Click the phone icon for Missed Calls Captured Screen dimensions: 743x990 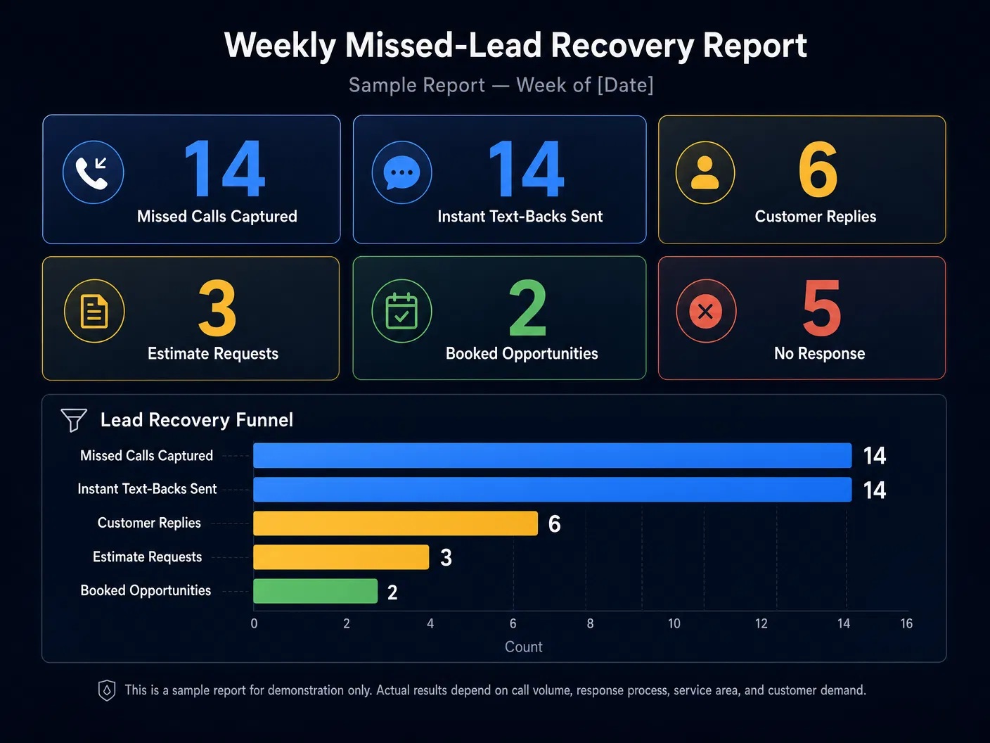click(94, 172)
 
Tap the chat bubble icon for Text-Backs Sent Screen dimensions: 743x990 click(401, 172)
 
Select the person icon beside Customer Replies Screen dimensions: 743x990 click(705, 172)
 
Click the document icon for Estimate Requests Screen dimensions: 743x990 click(94, 311)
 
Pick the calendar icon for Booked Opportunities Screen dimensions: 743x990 click(401, 311)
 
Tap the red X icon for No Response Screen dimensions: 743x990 click(706, 311)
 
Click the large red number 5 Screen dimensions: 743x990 click(821, 308)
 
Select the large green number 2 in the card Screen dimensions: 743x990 click(527, 308)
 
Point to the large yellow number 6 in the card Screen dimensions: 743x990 click(818, 170)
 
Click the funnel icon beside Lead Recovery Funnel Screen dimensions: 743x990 click(74, 420)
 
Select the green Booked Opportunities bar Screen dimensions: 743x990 click(315, 591)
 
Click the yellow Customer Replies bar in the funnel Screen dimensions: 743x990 click(395, 523)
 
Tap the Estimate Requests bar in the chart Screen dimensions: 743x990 click(341, 557)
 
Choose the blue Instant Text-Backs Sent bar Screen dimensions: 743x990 click(552, 490)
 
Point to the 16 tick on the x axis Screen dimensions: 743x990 click(906, 623)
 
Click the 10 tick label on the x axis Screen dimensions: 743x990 click(674, 623)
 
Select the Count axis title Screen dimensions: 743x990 click(523, 647)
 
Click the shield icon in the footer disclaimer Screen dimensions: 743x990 click(107, 690)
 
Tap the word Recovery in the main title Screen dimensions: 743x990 click(622, 45)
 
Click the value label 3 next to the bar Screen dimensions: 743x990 click(446, 558)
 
